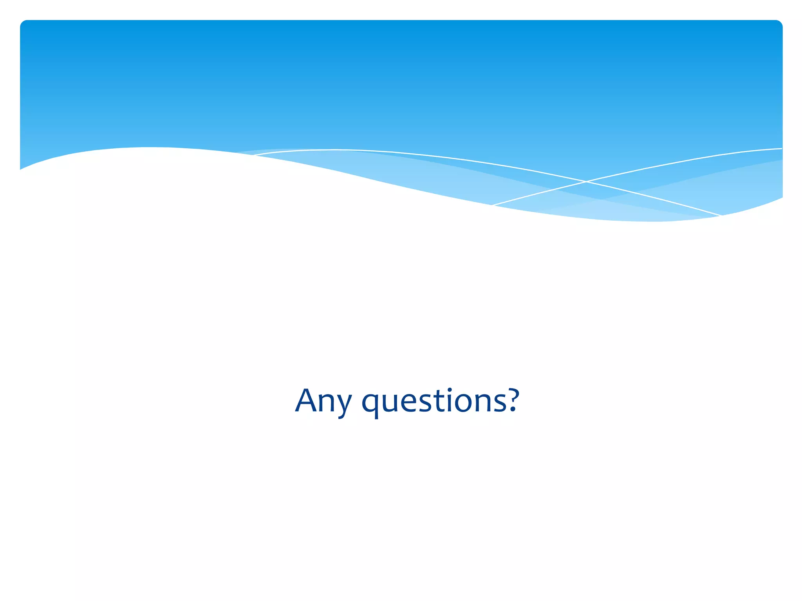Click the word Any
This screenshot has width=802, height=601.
[x=323, y=401]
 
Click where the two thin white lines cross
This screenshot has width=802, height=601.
[x=586, y=182]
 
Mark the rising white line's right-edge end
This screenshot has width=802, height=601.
[x=782, y=149]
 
